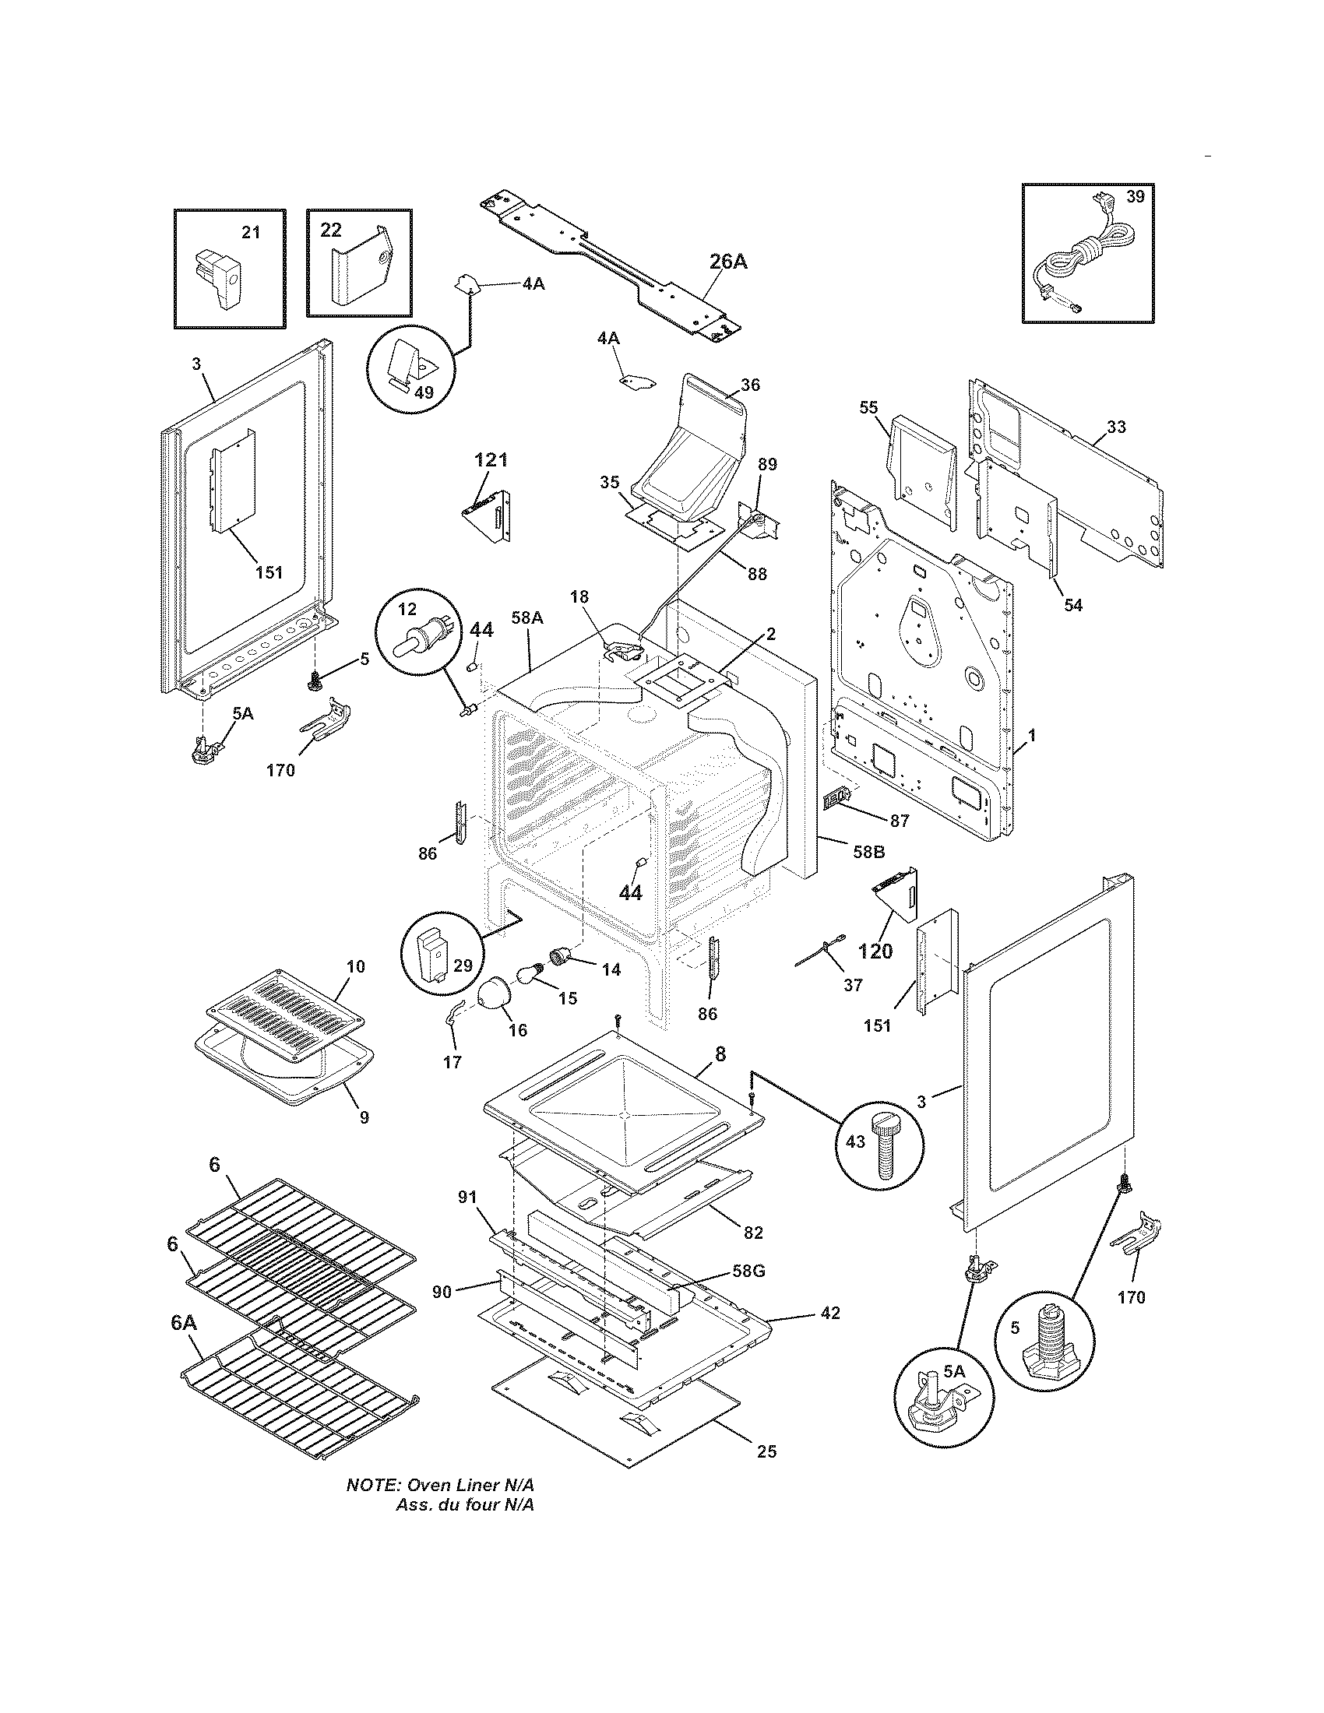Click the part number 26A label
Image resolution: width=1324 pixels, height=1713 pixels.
[x=728, y=261]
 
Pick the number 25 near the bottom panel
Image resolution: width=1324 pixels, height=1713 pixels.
[x=766, y=1452]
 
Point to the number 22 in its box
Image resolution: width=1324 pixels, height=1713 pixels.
[x=331, y=230]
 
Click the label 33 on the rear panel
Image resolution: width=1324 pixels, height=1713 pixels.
[x=1116, y=427]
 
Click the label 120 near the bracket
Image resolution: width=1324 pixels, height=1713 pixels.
[x=875, y=951]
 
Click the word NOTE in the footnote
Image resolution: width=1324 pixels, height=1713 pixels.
[x=372, y=1485]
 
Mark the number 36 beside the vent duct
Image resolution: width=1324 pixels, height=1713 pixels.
[x=750, y=385]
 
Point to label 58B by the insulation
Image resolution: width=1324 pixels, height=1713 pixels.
[x=868, y=852]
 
